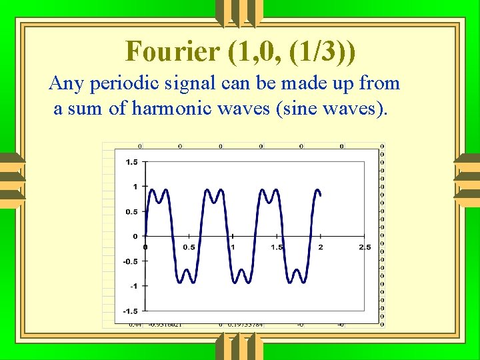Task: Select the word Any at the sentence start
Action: coord(65,83)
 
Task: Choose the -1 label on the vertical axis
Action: coord(133,286)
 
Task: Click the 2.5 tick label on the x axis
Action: coord(365,247)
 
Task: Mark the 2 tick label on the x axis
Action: coord(321,247)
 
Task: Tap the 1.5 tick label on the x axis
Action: coord(277,247)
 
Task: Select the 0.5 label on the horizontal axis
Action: coord(189,247)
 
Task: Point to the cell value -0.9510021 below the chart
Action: coord(165,325)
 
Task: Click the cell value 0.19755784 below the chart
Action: coord(245,325)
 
